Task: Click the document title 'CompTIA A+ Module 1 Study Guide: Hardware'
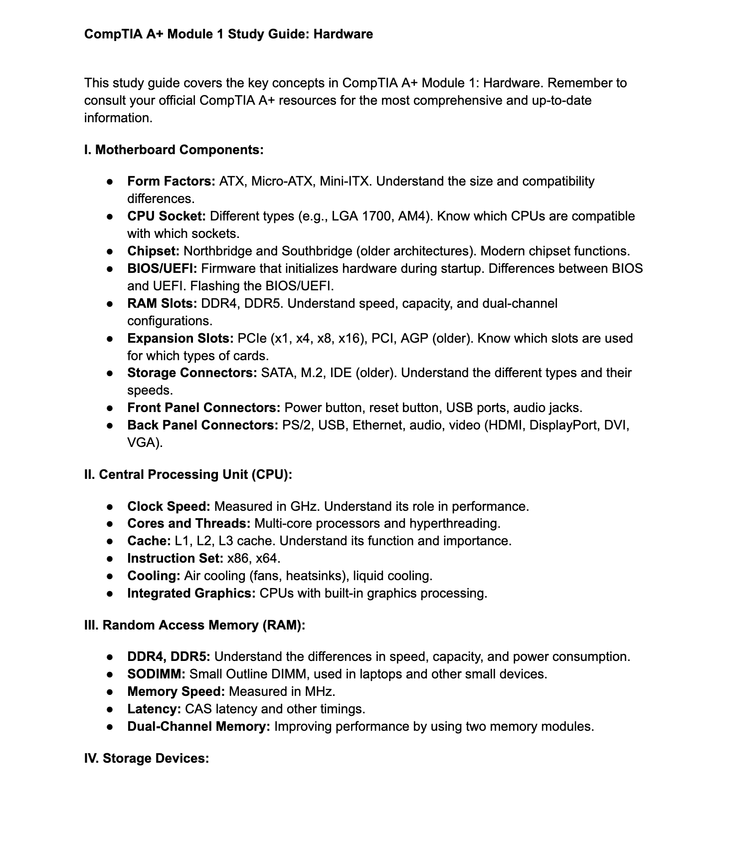coord(228,34)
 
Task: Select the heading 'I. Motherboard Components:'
coord(174,150)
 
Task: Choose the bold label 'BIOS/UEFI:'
coord(162,268)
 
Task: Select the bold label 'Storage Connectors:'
coord(192,373)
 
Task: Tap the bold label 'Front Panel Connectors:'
coord(204,408)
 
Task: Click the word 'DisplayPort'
coord(564,425)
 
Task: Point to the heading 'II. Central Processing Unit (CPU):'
coord(188,474)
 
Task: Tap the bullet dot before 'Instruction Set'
coord(110,558)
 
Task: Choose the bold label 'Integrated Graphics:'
coord(191,593)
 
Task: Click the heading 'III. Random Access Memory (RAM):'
coord(194,625)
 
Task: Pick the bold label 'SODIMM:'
coord(156,674)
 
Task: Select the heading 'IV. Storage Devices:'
coord(147,758)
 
